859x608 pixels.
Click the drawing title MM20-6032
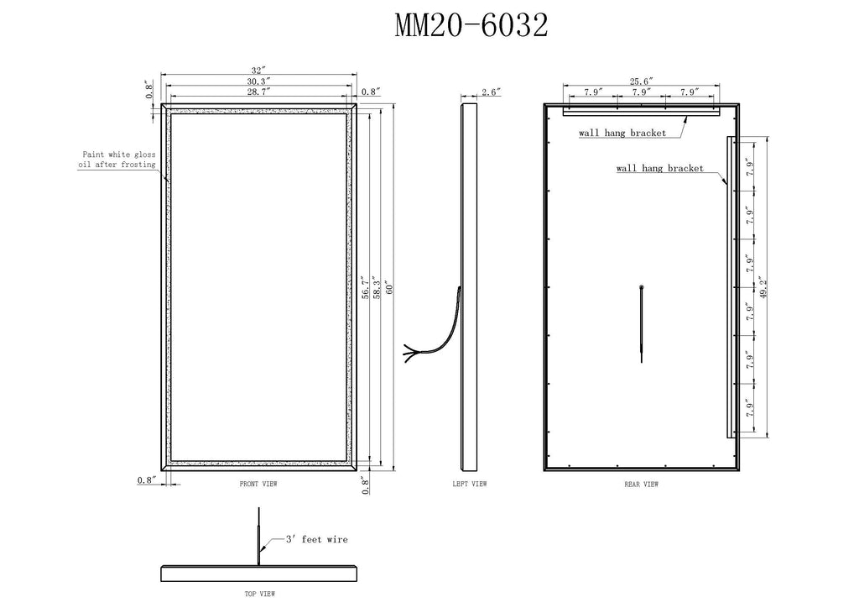click(x=471, y=25)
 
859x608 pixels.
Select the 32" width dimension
click(x=258, y=71)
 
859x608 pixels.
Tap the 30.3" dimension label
click(x=258, y=81)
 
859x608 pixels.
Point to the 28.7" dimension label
click(x=258, y=92)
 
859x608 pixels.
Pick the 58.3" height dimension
click(x=377, y=287)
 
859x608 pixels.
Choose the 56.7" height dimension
click(x=366, y=287)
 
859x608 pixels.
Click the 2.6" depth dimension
click(x=491, y=92)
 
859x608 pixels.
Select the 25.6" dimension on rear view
click(x=641, y=81)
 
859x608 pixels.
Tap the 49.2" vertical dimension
click(x=763, y=286)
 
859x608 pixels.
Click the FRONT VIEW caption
click(x=258, y=484)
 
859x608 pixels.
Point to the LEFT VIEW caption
click(x=470, y=484)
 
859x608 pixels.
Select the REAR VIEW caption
click(x=641, y=484)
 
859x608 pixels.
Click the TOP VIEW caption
click(x=260, y=594)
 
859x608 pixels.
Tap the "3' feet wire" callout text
click(x=316, y=539)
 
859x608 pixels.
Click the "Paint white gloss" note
click(x=119, y=155)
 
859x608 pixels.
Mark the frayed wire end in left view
click(x=409, y=352)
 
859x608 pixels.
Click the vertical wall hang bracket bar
click(x=730, y=286)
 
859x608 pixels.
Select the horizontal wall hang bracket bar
click(x=641, y=112)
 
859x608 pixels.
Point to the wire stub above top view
click(x=259, y=536)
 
